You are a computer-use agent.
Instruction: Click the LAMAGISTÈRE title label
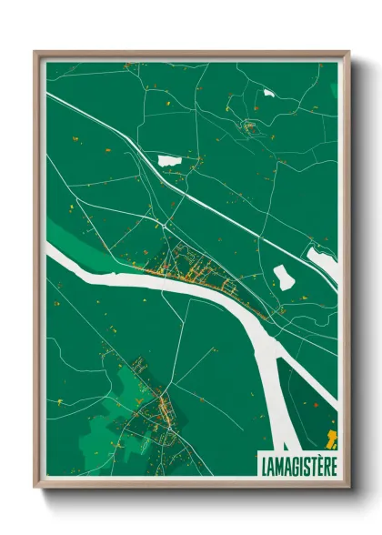pyautogui.click(x=297, y=464)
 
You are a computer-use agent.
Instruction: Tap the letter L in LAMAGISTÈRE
pyautogui.click(x=263, y=464)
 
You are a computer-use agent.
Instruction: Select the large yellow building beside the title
pyautogui.click(x=332, y=439)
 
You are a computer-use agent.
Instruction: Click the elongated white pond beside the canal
pyautogui.click(x=170, y=160)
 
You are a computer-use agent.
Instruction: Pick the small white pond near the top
pyautogui.click(x=268, y=92)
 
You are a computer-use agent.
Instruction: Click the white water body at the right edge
pyautogui.click(x=323, y=264)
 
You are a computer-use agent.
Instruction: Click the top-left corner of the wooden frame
pyautogui.click(x=36, y=54)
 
